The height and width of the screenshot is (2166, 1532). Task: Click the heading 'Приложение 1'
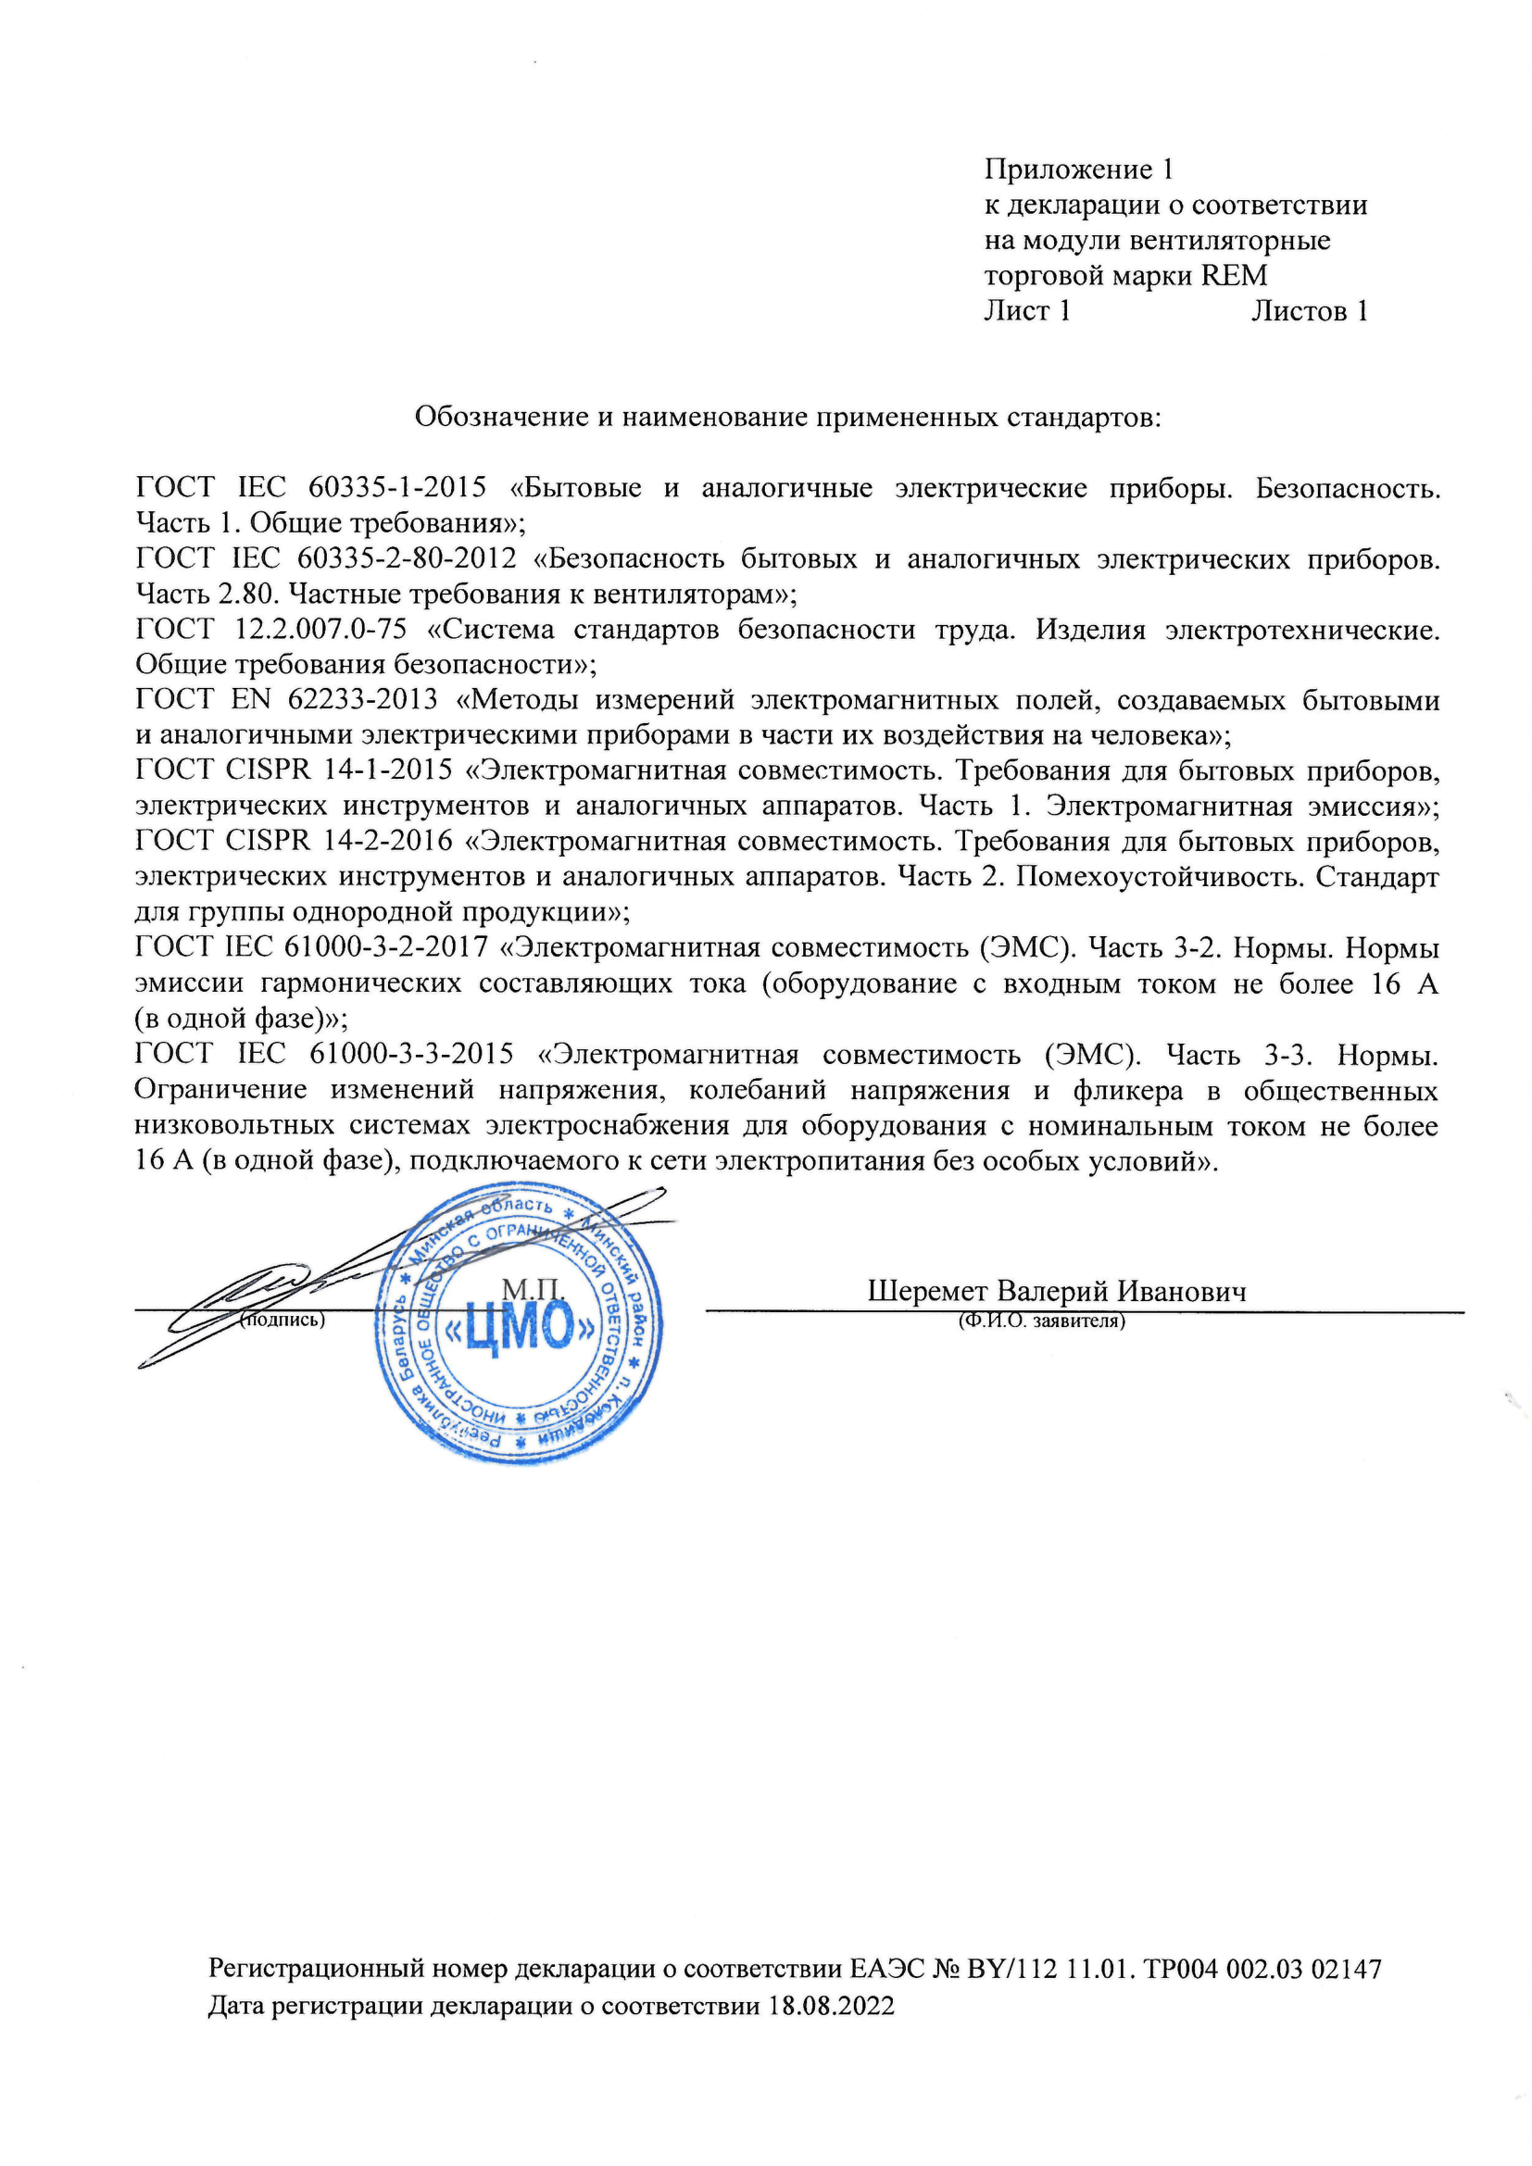pyautogui.click(x=1078, y=169)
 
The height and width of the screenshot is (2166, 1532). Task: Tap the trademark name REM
pyautogui.click(x=1234, y=275)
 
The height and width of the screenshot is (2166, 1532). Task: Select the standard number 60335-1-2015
pyautogui.click(x=397, y=488)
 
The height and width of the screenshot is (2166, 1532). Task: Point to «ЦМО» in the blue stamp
pyautogui.click(x=521, y=1331)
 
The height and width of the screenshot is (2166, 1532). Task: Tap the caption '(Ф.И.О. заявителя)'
pyautogui.click(x=1041, y=1321)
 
